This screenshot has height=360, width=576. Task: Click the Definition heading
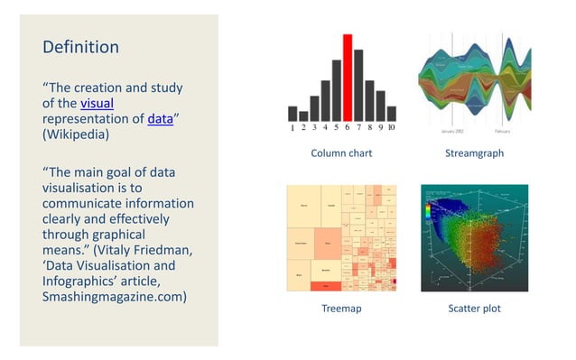[80, 46]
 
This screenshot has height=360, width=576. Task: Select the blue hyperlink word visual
[97, 103]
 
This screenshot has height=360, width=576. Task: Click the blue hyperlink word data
[160, 118]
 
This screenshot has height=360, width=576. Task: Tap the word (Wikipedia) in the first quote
[77, 133]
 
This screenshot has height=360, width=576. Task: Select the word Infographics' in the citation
[82, 282]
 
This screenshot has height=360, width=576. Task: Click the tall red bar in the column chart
[347, 78]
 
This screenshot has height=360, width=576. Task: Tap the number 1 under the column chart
[293, 128]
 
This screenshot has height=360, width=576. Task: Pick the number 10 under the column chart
[391, 128]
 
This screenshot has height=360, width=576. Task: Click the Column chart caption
[341, 153]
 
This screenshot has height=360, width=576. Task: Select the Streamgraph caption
[473, 153]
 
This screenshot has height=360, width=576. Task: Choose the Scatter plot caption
[474, 309]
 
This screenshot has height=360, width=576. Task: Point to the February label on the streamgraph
[503, 132]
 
